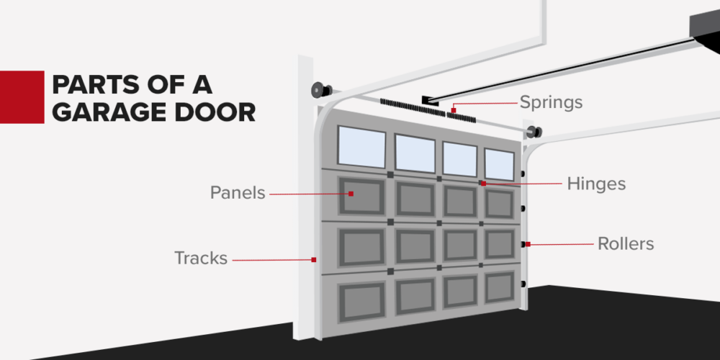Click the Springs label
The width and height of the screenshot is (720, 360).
point(552,102)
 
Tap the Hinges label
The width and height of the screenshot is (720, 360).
point(596,184)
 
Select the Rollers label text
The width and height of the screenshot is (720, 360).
point(626,244)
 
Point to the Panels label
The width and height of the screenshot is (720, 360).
point(238,193)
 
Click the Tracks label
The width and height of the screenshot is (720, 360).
point(201,258)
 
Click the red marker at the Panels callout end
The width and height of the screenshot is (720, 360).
point(351,194)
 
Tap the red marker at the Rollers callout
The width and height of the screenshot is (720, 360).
point(528,245)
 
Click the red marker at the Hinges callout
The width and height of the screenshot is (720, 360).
point(484,184)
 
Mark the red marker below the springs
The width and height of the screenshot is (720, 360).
point(454,110)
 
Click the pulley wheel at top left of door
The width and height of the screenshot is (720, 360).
point(318,90)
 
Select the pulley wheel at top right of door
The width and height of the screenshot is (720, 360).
point(534,132)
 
